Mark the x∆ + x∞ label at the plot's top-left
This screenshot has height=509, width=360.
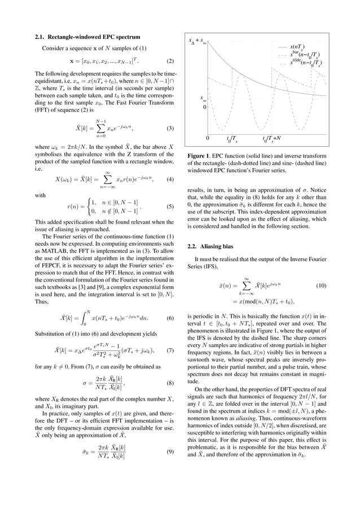point(197,41)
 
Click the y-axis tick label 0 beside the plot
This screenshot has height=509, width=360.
point(205,106)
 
